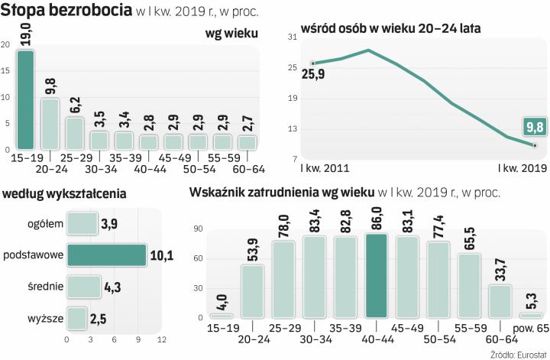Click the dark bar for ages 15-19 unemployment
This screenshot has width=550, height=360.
[x=26, y=99]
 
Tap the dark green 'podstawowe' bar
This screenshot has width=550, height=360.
[x=106, y=255]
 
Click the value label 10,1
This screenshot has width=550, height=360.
[x=160, y=255]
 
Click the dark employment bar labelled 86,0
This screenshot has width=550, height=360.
[x=377, y=275]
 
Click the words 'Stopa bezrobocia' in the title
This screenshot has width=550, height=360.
[x=67, y=11]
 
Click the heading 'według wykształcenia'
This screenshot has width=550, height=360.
[x=65, y=193]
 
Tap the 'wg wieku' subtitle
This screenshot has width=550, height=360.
[x=232, y=33]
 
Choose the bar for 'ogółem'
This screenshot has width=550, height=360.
[x=83, y=223]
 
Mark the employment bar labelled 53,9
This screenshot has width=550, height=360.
[x=252, y=290]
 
